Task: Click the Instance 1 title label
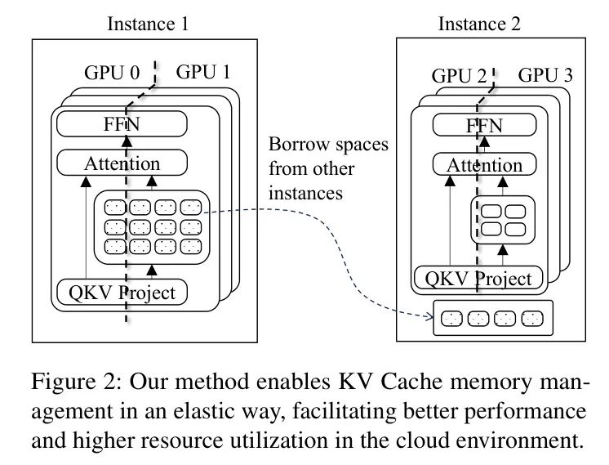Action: [x=148, y=24]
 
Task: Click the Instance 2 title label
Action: [x=478, y=24]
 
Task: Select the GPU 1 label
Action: [x=203, y=72]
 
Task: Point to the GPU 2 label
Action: [x=460, y=78]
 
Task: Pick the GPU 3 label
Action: [x=545, y=78]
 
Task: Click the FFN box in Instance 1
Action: [x=122, y=125]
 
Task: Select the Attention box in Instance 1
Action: [x=122, y=163]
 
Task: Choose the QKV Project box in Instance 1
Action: [x=122, y=292]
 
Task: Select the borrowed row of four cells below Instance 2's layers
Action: [x=491, y=318]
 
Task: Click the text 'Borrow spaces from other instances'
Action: [x=328, y=172]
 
